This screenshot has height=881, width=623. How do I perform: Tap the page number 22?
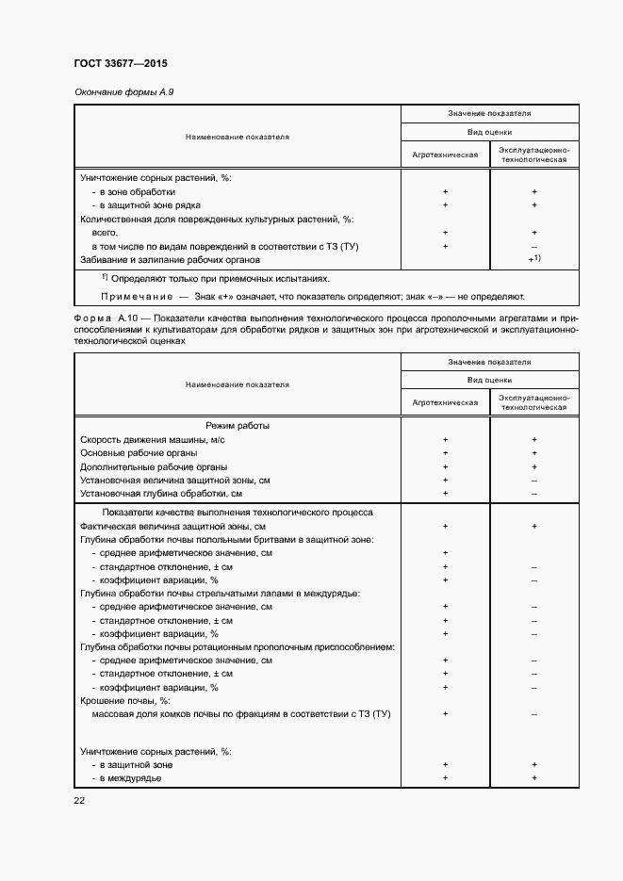[x=80, y=800]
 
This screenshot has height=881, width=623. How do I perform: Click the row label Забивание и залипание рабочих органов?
[x=170, y=259]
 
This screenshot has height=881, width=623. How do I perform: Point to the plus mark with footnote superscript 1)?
[x=534, y=258]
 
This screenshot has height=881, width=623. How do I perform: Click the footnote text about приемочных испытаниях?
[x=221, y=279]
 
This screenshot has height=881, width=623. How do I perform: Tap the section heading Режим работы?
[x=238, y=426]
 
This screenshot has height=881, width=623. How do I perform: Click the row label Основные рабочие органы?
[x=139, y=453]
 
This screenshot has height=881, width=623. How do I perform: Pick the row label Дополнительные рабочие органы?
[x=154, y=466]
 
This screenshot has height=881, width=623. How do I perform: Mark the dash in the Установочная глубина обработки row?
[x=533, y=493]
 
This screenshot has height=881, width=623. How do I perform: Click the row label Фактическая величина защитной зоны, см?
[x=172, y=526]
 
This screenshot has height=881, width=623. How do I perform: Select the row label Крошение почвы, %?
[x=124, y=701]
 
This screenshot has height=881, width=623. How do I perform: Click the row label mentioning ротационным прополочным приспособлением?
[x=237, y=647]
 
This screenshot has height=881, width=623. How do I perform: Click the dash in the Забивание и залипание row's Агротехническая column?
[x=444, y=259]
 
